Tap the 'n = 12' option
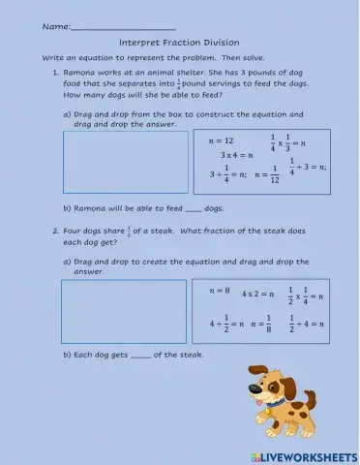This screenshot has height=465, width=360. [222, 140]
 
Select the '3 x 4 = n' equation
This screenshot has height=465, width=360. [236, 155]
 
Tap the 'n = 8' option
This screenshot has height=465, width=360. [221, 291]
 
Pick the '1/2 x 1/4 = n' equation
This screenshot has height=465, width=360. [308, 294]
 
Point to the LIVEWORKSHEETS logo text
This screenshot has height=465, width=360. [307, 455]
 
